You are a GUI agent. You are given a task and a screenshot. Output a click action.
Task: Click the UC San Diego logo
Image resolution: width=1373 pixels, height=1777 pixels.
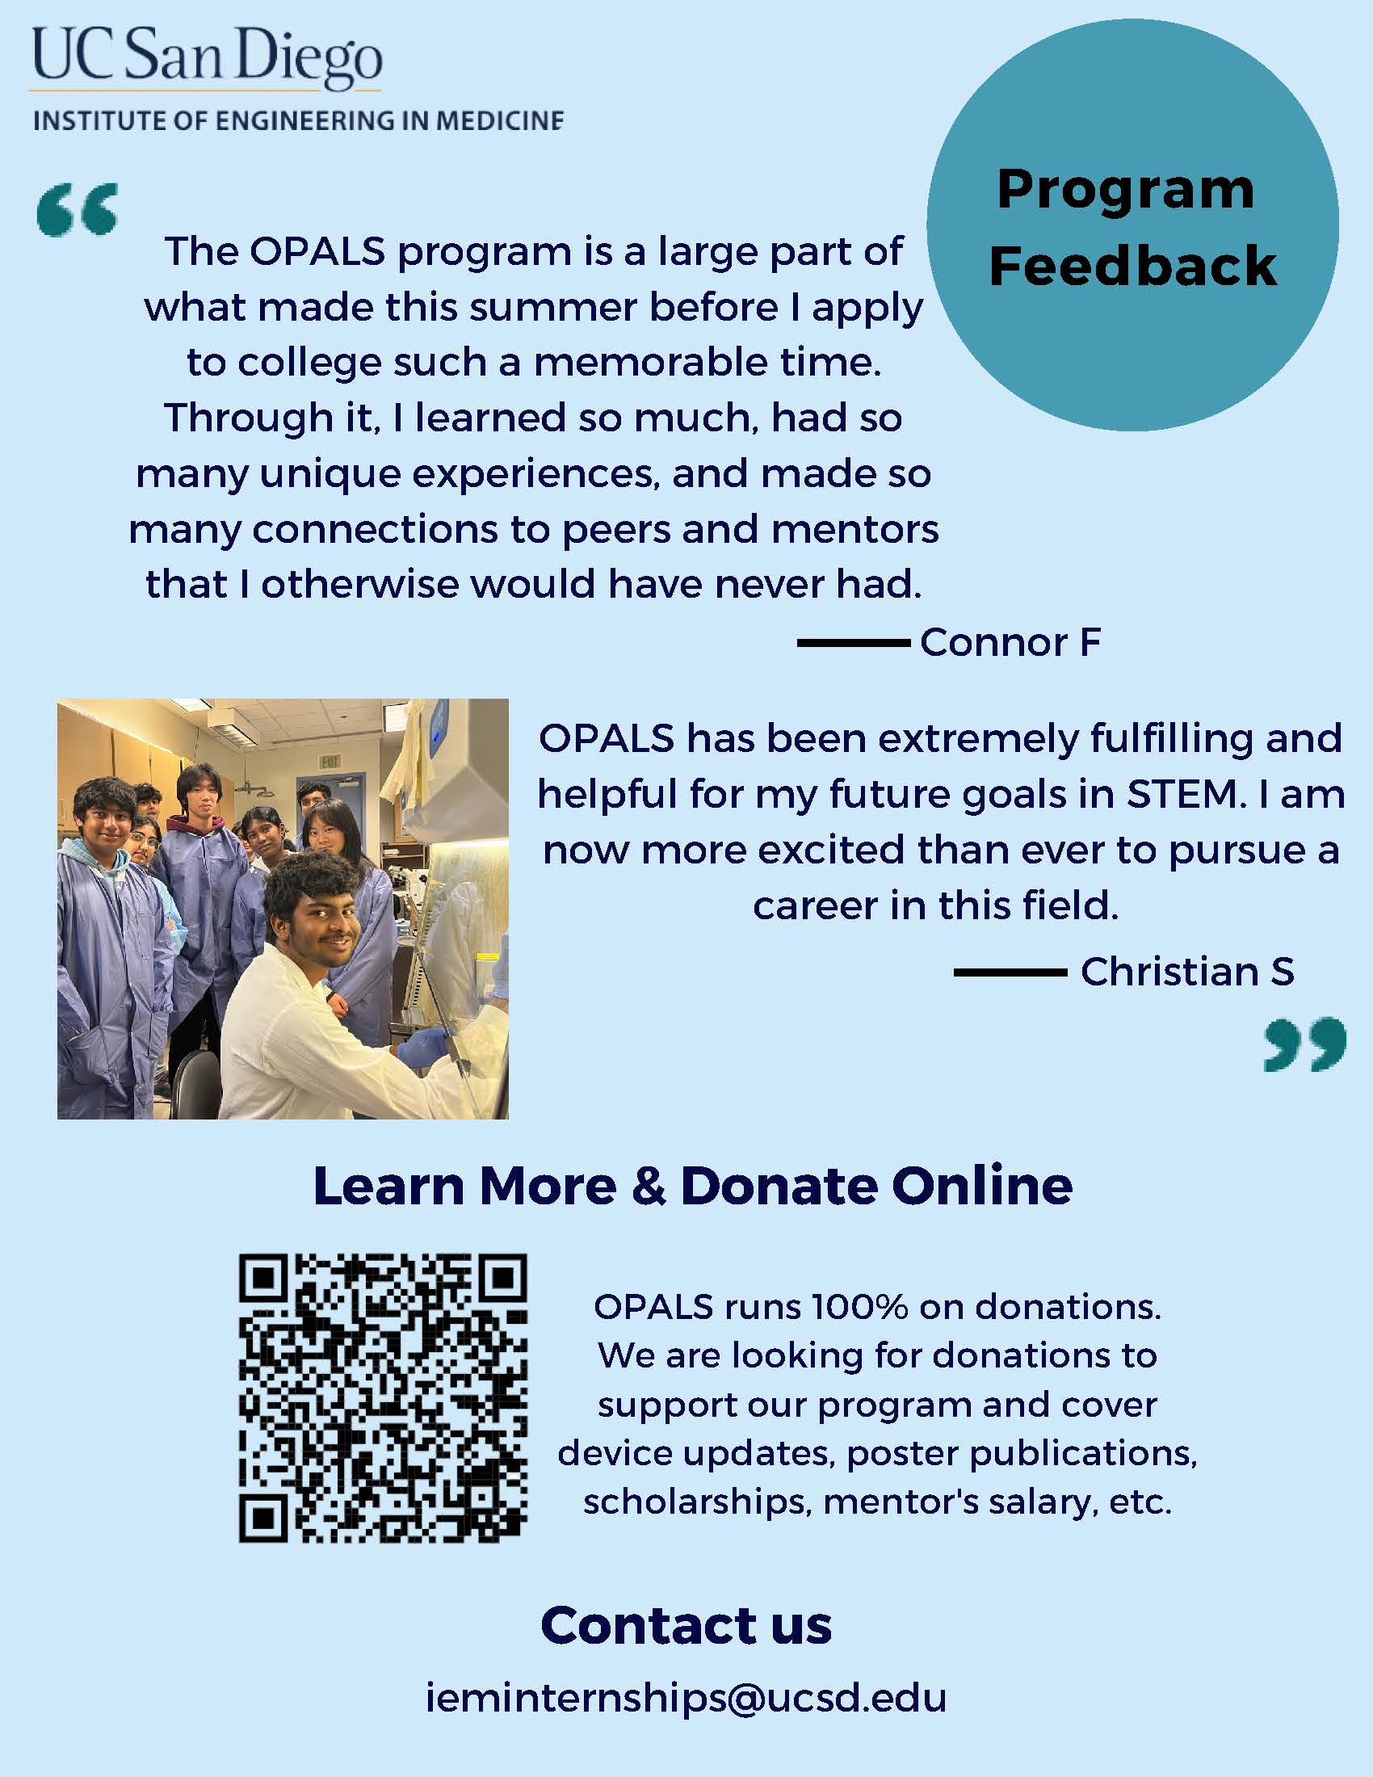[x=207, y=59]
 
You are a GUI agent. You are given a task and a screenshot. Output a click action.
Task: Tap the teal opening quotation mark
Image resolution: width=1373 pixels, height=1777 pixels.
[x=78, y=209]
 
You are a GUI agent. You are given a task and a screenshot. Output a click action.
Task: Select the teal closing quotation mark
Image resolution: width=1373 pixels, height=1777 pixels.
[x=1304, y=1044]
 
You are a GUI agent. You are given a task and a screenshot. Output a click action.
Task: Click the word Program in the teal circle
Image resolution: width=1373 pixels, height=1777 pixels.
[x=1126, y=191]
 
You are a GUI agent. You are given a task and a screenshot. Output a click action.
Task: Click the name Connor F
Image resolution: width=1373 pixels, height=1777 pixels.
[x=1010, y=642]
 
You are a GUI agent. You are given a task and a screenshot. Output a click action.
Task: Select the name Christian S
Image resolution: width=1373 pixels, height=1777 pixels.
[x=1186, y=972]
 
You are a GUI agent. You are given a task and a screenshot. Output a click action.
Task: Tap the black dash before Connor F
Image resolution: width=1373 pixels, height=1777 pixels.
[x=853, y=643]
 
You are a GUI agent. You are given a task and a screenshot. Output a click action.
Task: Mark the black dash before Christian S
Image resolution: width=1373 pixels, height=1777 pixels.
[x=1010, y=973]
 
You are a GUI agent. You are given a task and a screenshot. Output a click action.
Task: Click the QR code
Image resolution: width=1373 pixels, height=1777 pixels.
[x=383, y=1398]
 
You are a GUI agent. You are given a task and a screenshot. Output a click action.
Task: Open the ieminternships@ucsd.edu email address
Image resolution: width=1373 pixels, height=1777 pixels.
[x=686, y=1698]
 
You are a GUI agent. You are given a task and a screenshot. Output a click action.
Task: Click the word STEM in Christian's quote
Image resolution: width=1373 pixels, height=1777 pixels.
[x=1185, y=794]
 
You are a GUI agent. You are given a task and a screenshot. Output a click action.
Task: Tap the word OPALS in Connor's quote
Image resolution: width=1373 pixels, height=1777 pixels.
[x=317, y=251]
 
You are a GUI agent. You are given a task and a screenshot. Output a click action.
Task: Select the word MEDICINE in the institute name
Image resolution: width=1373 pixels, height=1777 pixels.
[x=499, y=121]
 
